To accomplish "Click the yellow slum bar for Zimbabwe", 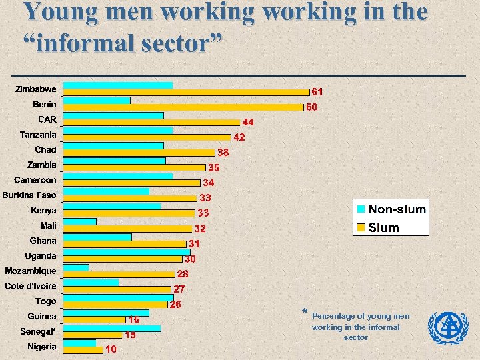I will (x=187, y=92).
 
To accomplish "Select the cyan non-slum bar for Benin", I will (x=97, y=100).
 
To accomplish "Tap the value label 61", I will (x=318, y=92).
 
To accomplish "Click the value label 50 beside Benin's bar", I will (x=311, y=107).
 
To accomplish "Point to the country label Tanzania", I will (x=38, y=135).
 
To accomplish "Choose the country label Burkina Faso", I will (x=29, y=195).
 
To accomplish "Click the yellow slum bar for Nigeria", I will (x=83, y=349).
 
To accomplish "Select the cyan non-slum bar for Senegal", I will (x=112, y=328).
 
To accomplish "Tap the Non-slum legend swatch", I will (x=361, y=209).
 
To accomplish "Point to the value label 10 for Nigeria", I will (x=111, y=349).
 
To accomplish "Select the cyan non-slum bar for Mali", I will (x=80, y=221).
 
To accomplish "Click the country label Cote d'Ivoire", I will (x=31, y=286).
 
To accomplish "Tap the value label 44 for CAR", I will (x=247, y=123).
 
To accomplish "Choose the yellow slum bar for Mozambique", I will (x=119, y=273).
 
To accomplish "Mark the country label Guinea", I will (x=42, y=316).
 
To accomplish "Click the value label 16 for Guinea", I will (x=134, y=320).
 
